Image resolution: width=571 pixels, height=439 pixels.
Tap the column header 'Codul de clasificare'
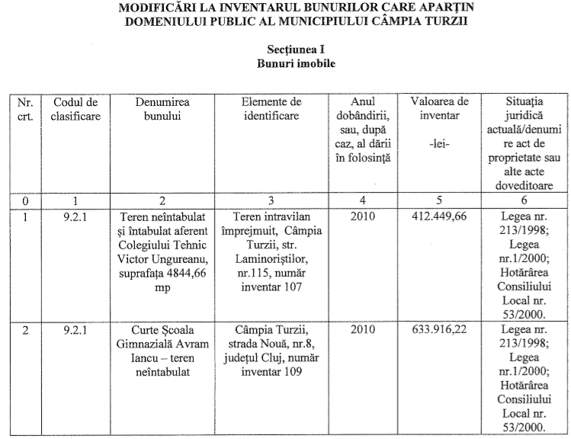pyautogui.click(x=76, y=108)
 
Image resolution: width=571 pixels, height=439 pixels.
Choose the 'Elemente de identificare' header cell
pyautogui.click(x=271, y=108)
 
